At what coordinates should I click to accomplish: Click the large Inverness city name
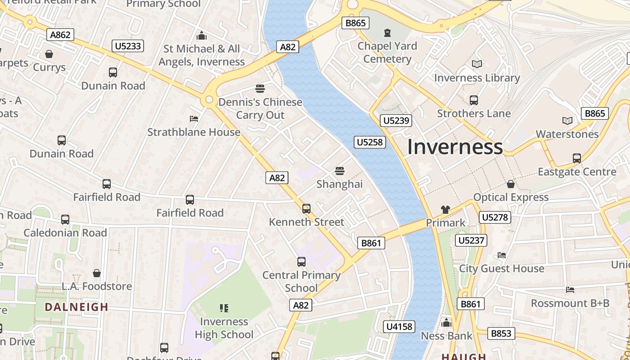tap(455, 147)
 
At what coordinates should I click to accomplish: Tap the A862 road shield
tap(60, 35)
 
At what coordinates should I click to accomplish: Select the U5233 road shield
tap(128, 45)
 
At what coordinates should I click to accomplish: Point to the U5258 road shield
tap(370, 142)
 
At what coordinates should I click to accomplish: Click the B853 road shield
tap(501, 333)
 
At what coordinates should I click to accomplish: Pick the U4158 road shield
tap(400, 327)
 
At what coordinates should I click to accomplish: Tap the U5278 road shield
tap(495, 217)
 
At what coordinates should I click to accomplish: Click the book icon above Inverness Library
tap(477, 64)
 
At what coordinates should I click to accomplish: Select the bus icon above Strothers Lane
tap(474, 100)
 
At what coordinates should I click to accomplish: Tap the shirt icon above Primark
tap(445, 209)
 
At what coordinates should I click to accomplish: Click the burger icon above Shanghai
tap(340, 171)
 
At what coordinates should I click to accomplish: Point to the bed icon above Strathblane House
tap(194, 119)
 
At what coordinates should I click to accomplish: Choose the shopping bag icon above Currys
tap(49, 54)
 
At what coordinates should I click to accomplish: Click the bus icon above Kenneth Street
tap(306, 208)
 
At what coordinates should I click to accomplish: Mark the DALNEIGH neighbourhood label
tap(76, 307)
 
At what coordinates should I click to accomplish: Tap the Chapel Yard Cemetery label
tap(387, 52)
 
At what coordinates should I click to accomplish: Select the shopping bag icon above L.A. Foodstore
tap(97, 273)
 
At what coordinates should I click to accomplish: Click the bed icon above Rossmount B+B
tap(570, 290)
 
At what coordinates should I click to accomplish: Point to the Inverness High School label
tap(224, 328)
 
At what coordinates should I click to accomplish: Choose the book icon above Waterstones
tap(567, 121)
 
